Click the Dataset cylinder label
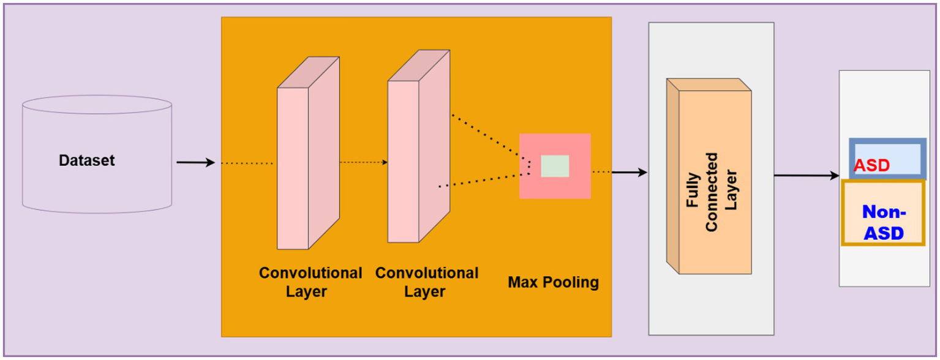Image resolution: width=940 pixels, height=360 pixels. click(x=87, y=161)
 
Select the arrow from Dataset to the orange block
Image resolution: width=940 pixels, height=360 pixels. click(x=195, y=163)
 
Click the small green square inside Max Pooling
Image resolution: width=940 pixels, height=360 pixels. click(x=555, y=166)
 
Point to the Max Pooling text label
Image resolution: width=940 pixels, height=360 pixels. click(x=553, y=283)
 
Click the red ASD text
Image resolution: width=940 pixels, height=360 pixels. click(x=871, y=165)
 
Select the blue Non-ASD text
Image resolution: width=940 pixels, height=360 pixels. click(x=883, y=222)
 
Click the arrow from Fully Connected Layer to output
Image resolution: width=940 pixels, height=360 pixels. click(x=806, y=176)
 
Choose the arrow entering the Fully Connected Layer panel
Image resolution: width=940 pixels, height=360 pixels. click(x=629, y=173)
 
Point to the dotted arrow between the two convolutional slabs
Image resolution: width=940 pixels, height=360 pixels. click(x=363, y=163)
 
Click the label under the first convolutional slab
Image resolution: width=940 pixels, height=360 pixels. click(x=310, y=282)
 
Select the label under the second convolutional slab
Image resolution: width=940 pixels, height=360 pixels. click(x=427, y=282)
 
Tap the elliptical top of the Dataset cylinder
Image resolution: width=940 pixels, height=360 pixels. click(x=97, y=105)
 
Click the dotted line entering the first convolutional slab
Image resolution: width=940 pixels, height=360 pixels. click(x=246, y=163)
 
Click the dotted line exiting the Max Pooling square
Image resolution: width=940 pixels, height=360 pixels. click(x=601, y=172)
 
